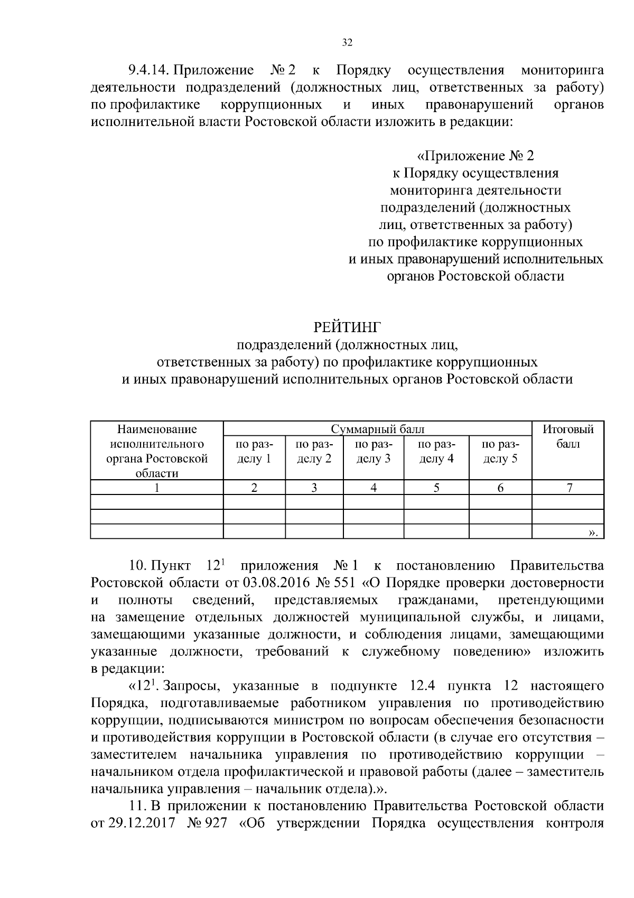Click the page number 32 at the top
click(x=347, y=43)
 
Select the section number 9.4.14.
click(x=148, y=70)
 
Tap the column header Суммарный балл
click(x=377, y=429)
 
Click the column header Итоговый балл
click(x=568, y=436)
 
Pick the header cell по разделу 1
click(x=254, y=451)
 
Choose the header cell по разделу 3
click(x=373, y=451)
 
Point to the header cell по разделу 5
click(x=500, y=451)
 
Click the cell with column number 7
click(x=568, y=488)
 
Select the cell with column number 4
click(x=373, y=488)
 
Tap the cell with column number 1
click(x=156, y=488)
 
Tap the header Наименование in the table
click(x=156, y=429)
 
